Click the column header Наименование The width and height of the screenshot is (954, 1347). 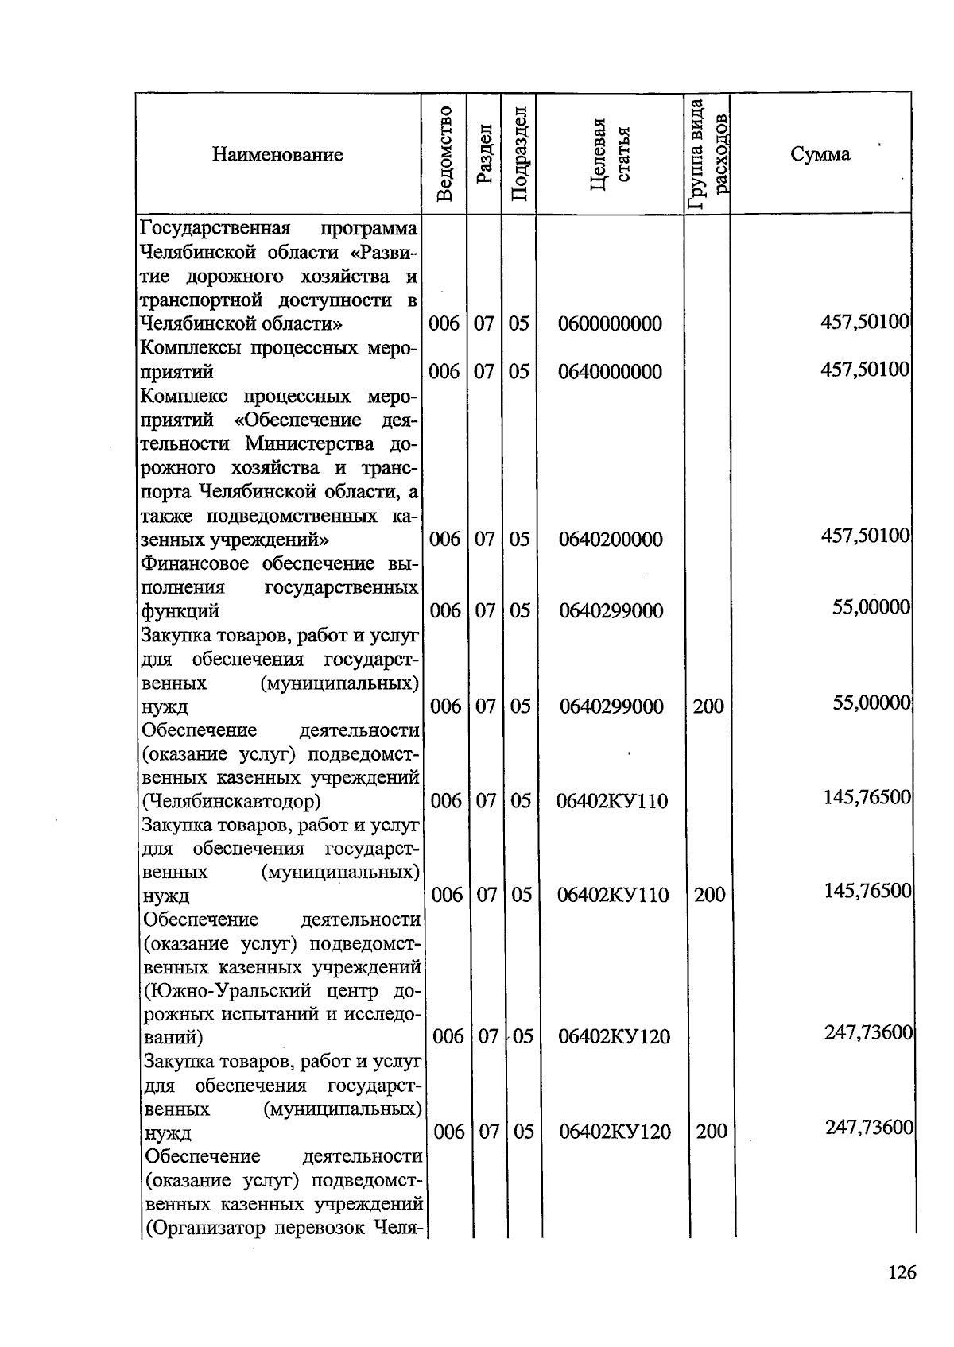[x=277, y=154]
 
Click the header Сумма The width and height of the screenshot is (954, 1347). [x=820, y=154]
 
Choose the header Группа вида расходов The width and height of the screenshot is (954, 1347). [x=707, y=153]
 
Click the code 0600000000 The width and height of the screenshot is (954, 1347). [x=610, y=324]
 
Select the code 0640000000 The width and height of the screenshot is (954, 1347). [x=610, y=372]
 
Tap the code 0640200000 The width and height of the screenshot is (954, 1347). [x=610, y=540]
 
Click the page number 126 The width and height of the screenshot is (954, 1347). [x=902, y=1272]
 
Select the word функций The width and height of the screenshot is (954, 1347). [x=180, y=611]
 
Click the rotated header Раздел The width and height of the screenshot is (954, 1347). [x=484, y=155]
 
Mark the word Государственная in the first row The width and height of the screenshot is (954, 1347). [x=213, y=229]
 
